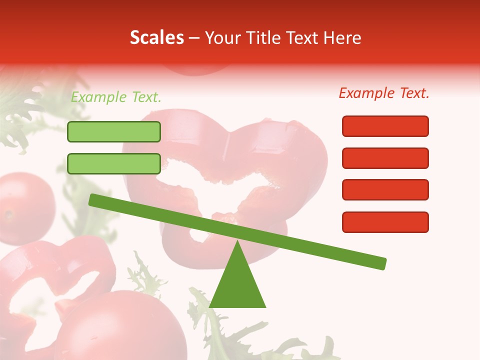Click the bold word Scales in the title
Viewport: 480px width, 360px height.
(156, 37)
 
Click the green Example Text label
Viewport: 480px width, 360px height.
(116, 97)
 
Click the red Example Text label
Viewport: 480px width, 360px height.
(384, 93)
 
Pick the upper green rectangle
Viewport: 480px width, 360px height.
(114, 131)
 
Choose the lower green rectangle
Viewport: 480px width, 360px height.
(114, 163)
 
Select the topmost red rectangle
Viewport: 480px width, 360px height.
(385, 126)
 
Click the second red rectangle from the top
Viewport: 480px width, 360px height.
(385, 158)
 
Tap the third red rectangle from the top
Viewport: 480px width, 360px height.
(385, 190)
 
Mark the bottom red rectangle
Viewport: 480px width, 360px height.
(385, 222)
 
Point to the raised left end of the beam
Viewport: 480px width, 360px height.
(93, 200)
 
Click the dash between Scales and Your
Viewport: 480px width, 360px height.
(194, 38)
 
